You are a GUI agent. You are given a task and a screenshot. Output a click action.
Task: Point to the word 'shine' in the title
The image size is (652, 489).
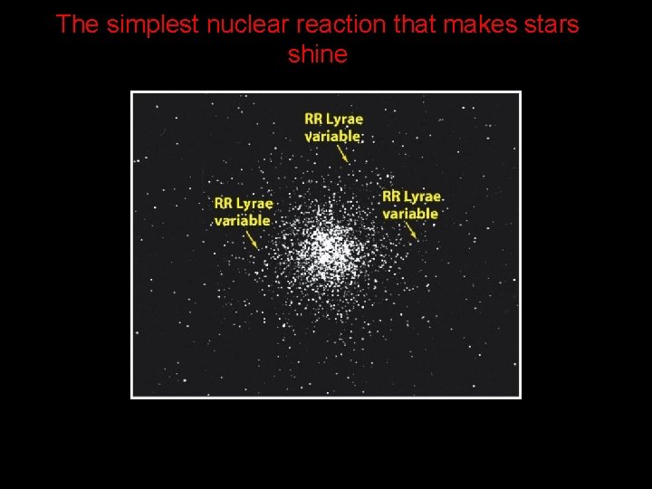tap(317, 54)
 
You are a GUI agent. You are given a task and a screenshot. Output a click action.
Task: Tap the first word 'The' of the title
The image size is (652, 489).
tap(77, 24)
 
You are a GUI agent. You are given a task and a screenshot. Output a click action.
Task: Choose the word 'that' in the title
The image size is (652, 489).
tap(413, 24)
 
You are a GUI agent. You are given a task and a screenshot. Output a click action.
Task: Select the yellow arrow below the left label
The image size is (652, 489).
tap(251, 238)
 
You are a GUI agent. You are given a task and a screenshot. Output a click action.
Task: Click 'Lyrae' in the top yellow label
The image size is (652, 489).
tap(346, 120)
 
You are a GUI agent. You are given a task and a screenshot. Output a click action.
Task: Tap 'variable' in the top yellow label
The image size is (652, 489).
tap(332, 136)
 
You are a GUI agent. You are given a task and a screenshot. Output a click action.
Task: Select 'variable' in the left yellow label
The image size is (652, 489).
tap(242, 220)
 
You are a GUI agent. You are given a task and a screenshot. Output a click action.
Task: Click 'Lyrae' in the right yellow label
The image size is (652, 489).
tap(423, 197)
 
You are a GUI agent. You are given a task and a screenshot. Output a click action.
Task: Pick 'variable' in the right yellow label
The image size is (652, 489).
tap(409, 214)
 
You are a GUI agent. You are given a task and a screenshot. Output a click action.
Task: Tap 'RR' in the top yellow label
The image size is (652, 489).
tap(314, 120)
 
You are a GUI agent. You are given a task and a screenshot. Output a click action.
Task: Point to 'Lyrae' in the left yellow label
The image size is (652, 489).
tap(255, 204)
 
